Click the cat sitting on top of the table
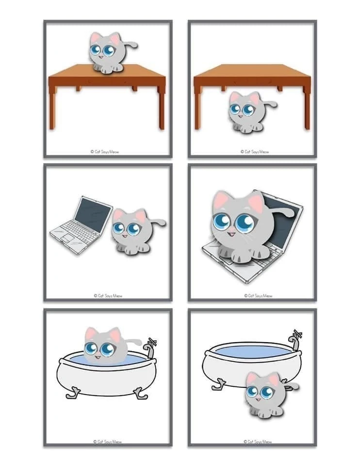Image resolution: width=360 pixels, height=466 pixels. [107, 53]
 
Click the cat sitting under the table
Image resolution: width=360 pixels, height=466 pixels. [246, 112]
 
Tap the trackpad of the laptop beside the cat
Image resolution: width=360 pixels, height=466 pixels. [67, 238]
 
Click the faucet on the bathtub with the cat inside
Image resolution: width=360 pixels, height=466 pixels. [150, 348]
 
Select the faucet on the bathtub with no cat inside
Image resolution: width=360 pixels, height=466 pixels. [295, 339]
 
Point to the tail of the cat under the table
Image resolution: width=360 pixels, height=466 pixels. [270, 104]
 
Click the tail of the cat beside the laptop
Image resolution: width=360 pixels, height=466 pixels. [157, 222]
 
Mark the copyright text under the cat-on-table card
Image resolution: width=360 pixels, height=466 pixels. [105, 151]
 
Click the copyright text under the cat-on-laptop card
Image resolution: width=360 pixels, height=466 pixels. [258, 296]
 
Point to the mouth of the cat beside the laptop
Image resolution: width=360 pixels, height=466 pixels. [125, 236]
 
